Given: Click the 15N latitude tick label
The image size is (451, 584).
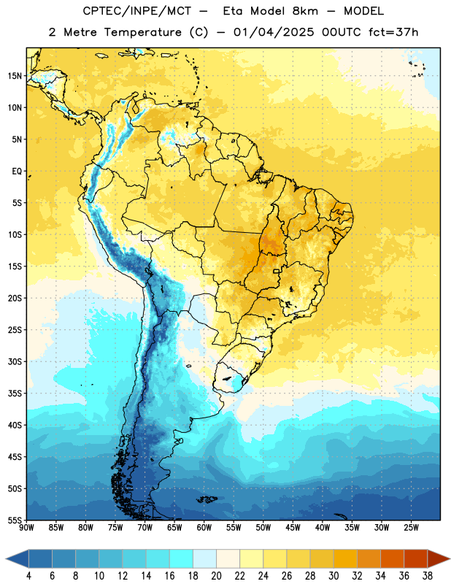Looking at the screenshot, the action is (x=15, y=76).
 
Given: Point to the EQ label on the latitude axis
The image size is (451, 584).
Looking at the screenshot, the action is (x=17, y=172).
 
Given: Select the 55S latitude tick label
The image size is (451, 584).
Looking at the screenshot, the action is (x=15, y=520).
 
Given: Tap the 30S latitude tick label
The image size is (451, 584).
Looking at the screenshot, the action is (x=15, y=361).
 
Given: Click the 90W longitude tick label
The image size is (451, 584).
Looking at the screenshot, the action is (x=26, y=528).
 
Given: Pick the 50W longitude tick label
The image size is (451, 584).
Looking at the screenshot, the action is (x=263, y=528).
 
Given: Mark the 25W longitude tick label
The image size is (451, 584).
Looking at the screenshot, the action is (x=411, y=528).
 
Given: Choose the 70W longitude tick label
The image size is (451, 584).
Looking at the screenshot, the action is (x=145, y=528).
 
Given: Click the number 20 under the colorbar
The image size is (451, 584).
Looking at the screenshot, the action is (x=216, y=576).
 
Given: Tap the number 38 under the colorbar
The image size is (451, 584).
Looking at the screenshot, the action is (x=428, y=576).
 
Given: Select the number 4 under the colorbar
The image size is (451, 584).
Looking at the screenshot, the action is (x=28, y=576).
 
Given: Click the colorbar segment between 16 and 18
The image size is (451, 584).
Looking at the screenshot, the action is (x=181, y=559).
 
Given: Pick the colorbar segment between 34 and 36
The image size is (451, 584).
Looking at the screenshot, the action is (x=392, y=559).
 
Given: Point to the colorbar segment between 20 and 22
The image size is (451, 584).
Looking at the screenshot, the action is (x=228, y=559).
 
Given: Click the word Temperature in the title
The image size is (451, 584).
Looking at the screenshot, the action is (x=142, y=32).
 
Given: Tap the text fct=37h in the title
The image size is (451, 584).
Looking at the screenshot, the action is (x=393, y=32).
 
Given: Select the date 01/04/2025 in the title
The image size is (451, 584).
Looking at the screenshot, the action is (x=274, y=32).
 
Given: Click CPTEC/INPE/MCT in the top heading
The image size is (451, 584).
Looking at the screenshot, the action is (x=136, y=11).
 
